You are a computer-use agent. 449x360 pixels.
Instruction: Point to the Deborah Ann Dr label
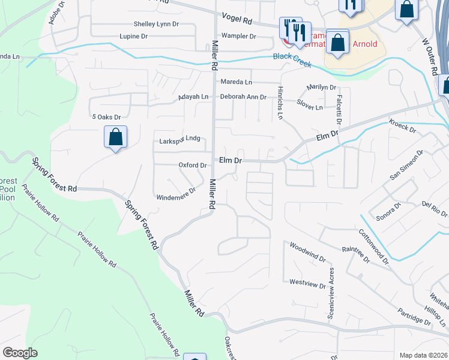(x=243, y=97)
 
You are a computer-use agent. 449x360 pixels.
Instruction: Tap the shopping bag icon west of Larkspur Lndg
(x=115, y=137)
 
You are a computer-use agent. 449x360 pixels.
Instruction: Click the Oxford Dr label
(x=193, y=165)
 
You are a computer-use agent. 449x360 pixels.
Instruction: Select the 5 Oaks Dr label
(x=106, y=117)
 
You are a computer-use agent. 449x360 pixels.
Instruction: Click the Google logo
(x=20, y=353)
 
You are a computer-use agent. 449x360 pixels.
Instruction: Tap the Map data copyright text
(x=423, y=355)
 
